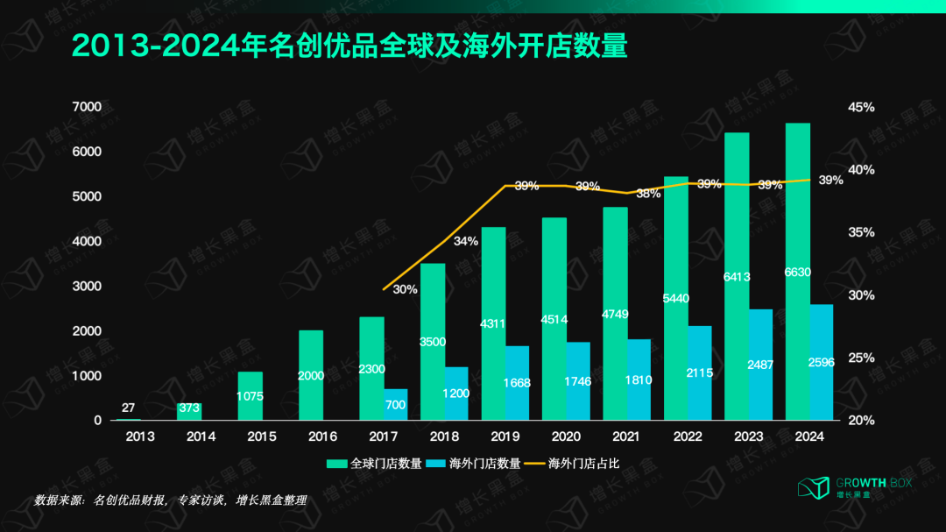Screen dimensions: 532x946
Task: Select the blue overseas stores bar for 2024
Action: coord(821,363)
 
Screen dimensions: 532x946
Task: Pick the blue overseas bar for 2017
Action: coord(396,405)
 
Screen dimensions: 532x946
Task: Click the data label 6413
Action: coord(737,275)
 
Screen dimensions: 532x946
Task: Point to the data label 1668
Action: coord(518,382)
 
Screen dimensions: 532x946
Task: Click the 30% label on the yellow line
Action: coord(405,289)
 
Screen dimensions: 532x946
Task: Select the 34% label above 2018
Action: coord(466,241)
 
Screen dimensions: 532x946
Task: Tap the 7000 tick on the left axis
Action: coord(87,107)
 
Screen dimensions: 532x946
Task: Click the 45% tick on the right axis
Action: coord(861,107)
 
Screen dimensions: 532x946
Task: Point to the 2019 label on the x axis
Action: coord(505,436)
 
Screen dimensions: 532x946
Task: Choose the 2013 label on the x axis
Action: coord(139,436)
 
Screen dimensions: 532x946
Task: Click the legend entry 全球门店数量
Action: coord(376,463)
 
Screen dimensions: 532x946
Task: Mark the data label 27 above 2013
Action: coord(128,408)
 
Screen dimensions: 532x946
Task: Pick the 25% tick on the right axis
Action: coord(861,358)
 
